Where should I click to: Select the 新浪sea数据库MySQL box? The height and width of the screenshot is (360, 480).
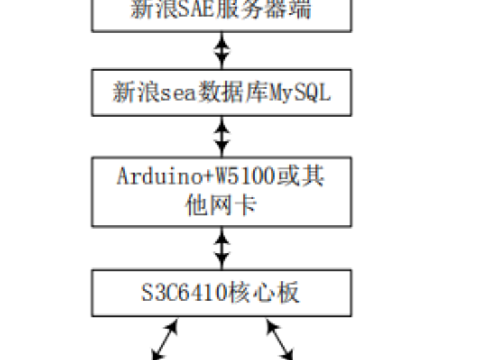[x=221, y=92]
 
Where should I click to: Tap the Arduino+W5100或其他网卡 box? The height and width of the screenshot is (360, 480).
[x=221, y=191]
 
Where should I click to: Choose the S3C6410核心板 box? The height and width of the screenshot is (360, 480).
[x=221, y=293]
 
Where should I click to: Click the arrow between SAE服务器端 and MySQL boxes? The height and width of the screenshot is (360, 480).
[x=221, y=50]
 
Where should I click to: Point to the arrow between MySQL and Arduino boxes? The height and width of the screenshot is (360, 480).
[x=221, y=136]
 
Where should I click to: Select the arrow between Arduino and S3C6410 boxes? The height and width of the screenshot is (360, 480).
[x=221, y=247]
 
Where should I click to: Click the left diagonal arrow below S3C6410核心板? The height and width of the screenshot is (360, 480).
[x=165, y=339]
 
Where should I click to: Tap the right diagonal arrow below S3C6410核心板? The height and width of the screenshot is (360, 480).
[x=279, y=339]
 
